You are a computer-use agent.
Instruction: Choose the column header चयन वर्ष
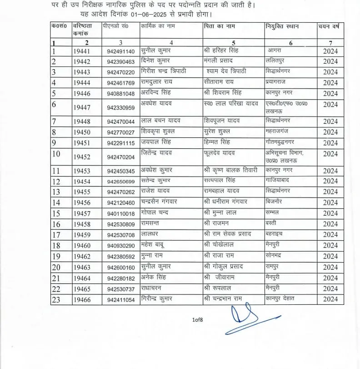click(x=330, y=26)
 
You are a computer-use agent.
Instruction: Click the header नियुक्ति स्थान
click(x=282, y=26)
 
